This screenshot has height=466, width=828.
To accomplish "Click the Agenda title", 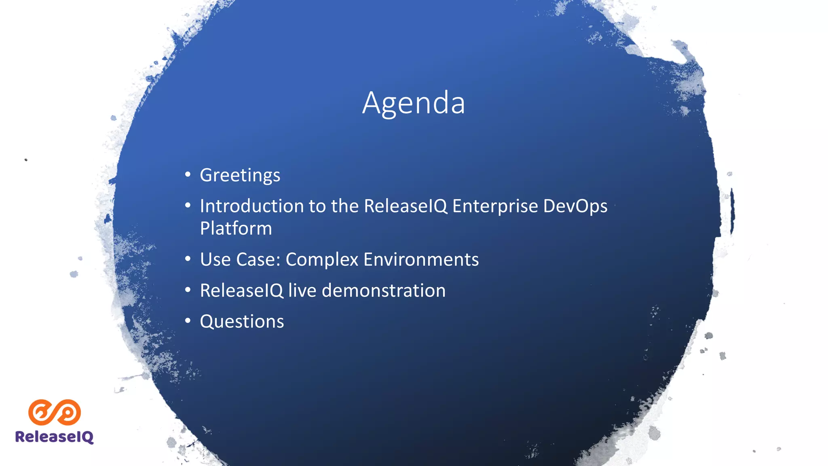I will click(414, 103).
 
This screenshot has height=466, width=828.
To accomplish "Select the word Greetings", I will click(240, 176).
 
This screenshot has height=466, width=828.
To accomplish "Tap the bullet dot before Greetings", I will click(188, 174).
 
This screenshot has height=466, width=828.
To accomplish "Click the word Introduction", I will click(251, 206).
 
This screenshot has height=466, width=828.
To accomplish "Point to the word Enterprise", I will click(495, 206).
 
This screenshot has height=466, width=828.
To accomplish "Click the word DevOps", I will click(575, 206).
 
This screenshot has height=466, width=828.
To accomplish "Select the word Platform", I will click(236, 229).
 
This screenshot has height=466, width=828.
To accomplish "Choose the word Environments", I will click(421, 260).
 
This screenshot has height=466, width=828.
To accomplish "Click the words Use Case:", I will click(240, 260).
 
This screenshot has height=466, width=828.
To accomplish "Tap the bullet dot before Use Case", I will click(188, 258).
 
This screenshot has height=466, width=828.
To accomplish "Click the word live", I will click(302, 291).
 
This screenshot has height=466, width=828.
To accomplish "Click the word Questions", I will click(242, 322).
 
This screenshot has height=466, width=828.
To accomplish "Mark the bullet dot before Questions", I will click(188, 321).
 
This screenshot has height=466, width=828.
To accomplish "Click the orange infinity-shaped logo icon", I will click(55, 412).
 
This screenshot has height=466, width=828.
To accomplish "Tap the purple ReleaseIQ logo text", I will click(54, 437).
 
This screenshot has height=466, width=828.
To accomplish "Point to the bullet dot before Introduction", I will click(188, 205).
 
